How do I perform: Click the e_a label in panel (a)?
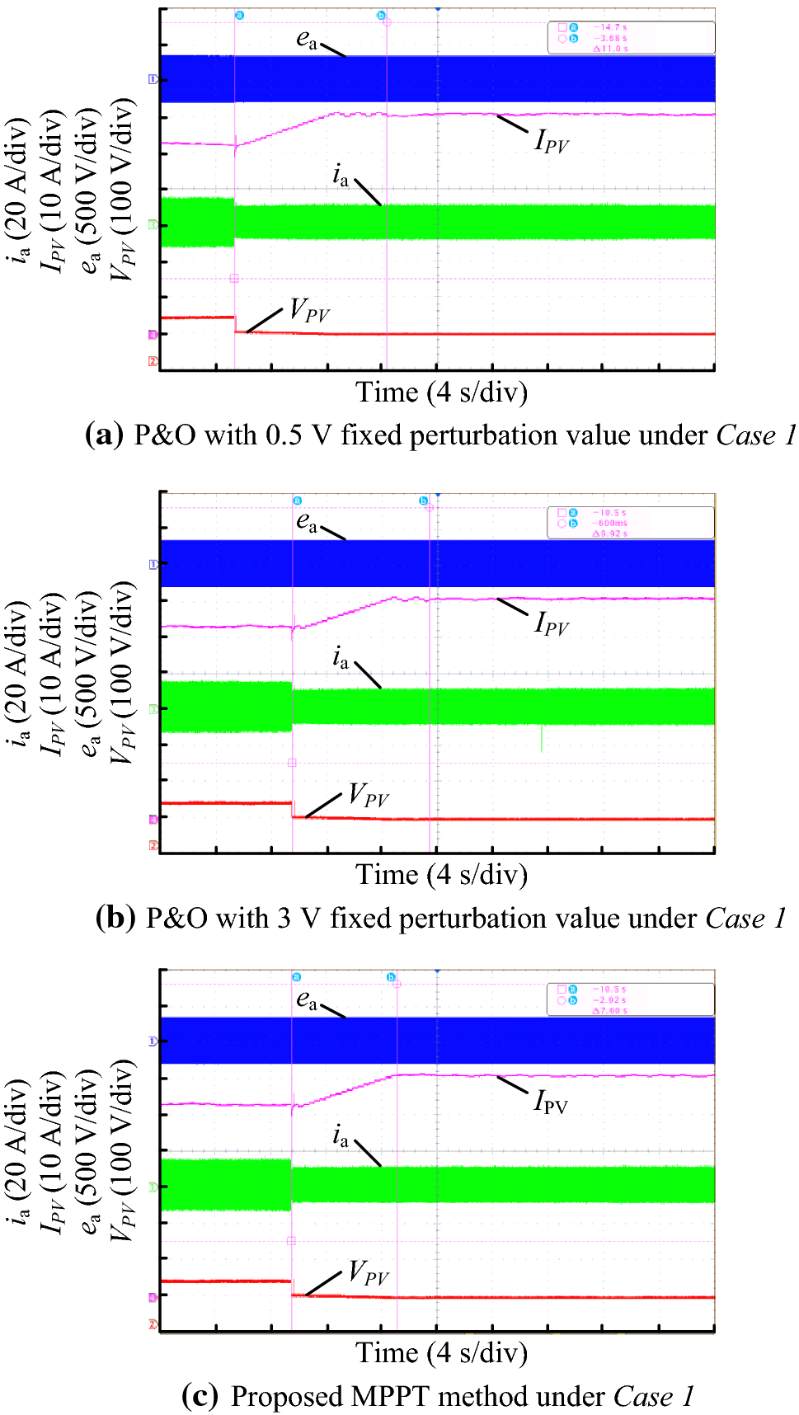[x=307, y=39]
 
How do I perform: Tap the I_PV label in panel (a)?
[x=552, y=142]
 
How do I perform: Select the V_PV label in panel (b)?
[x=368, y=796]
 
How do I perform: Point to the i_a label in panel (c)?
[x=341, y=1136]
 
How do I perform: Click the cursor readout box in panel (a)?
[x=631, y=38]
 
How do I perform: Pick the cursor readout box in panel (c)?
[x=631, y=999]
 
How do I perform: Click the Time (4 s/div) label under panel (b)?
[x=441, y=874]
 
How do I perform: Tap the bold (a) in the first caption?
[x=104, y=435]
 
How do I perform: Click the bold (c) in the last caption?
[x=200, y=1396]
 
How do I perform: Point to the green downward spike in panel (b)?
[x=542, y=739]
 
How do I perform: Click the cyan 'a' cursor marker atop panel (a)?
[x=239, y=16]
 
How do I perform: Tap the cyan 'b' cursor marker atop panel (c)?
[x=392, y=977]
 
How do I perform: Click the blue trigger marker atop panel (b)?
[x=437, y=494]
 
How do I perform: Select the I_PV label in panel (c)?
[x=551, y=1102]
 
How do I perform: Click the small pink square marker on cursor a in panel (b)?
[x=292, y=763]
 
